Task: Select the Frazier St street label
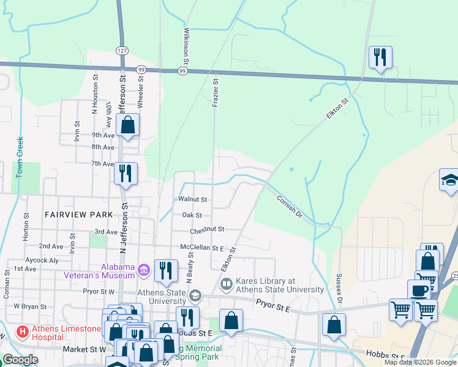pyautogui.click(x=215, y=92)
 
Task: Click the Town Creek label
pyautogui.click(x=20, y=157)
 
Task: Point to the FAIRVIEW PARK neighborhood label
pyautogui.click(x=79, y=215)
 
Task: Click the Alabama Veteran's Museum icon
pyautogui.click(x=144, y=269)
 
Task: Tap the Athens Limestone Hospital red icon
pyautogui.click(x=23, y=332)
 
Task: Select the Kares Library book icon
pyautogui.click(x=227, y=284)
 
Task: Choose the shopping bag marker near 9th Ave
pyautogui.click(x=128, y=125)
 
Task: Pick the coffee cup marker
pyautogui.click(x=419, y=290)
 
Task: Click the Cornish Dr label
pyautogui.click(x=290, y=206)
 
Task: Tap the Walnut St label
pyautogui.click(x=193, y=199)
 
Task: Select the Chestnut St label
pyautogui.click(x=207, y=229)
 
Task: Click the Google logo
pyautogui.click(x=20, y=360)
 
